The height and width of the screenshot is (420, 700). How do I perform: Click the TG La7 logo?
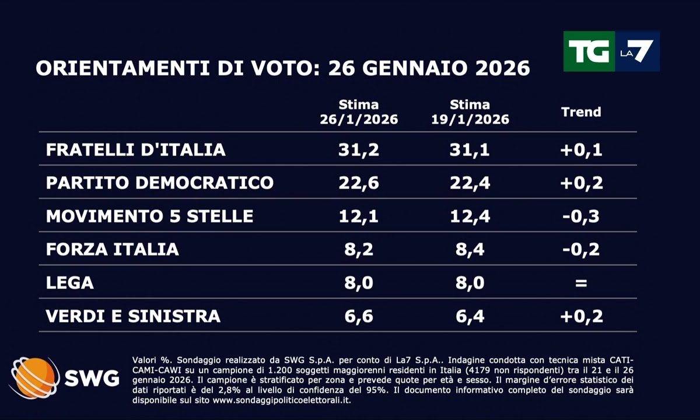point(611,51)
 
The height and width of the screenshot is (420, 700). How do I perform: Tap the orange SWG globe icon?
point(34,377)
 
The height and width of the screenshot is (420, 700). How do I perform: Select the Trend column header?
point(580,112)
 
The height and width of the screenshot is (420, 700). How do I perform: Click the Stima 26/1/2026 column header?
point(359,112)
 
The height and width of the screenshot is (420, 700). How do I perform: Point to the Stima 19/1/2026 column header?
point(470,112)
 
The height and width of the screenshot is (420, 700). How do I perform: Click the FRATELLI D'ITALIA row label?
point(136,149)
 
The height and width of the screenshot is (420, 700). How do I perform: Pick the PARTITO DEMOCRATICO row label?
point(160,183)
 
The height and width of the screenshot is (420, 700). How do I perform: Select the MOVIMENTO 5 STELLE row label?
point(150,216)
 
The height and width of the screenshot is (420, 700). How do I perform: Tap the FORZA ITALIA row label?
point(113,250)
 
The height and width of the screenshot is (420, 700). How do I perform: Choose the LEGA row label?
point(69,283)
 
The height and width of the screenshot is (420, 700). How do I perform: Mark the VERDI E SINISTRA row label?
point(133,316)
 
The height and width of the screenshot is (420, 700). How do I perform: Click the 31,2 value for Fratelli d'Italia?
point(359,149)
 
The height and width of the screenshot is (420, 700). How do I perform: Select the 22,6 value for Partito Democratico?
point(359,183)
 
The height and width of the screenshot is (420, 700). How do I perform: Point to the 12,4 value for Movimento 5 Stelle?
point(470,216)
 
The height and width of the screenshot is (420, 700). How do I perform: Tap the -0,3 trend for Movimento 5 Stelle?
point(580,216)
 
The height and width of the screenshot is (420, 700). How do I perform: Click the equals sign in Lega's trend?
point(580,283)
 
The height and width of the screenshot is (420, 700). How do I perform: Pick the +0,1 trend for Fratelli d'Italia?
point(580,149)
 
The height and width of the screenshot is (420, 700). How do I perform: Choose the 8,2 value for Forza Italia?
point(359,250)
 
